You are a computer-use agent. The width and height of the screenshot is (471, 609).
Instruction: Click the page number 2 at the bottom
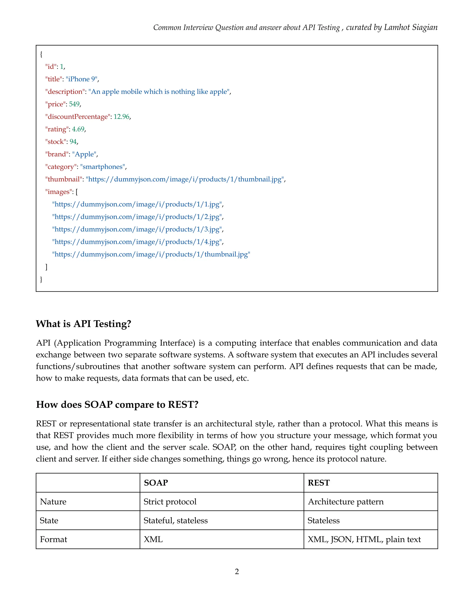(x=237, y=571)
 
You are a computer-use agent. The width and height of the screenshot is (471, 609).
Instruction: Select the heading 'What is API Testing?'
(x=83, y=324)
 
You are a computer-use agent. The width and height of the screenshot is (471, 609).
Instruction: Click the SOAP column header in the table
(x=156, y=483)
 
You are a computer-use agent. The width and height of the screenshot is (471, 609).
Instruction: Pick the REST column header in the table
(x=319, y=483)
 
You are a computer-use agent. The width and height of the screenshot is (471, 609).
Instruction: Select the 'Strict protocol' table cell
(x=170, y=502)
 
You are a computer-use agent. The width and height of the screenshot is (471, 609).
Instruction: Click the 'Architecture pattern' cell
(x=346, y=502)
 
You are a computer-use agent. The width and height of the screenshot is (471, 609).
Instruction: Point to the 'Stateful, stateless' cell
(x=175, y=521)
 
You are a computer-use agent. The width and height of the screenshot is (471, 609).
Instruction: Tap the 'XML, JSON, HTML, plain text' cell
(x=364, y=540)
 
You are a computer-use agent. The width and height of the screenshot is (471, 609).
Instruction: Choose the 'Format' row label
(x=54, y=540)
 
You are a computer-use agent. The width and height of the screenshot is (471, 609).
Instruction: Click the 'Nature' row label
(x=53, y=502)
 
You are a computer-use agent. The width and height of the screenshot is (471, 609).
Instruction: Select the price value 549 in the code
(x=74, y=104)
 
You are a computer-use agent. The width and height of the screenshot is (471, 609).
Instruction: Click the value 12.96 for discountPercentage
(x=121, y=117)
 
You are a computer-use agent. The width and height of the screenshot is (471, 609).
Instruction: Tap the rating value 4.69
(x=78, y=129)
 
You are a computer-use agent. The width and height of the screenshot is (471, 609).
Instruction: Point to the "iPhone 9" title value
(x=81, y=79)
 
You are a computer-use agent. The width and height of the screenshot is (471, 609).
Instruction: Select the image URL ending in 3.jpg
(x=137, y=229)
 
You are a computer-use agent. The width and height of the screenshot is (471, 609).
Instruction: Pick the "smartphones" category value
(x=102, y=167)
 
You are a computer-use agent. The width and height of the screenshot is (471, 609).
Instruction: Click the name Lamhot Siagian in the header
(x=411, y=27)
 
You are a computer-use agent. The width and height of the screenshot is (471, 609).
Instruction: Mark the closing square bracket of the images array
(x=46, y=267)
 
